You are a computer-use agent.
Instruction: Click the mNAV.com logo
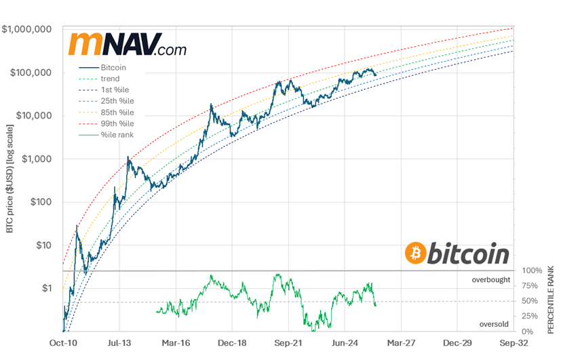[x=127, y=44]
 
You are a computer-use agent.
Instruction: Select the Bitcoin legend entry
[x=113, y=68]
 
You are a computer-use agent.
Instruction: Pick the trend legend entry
[x=109, y=79]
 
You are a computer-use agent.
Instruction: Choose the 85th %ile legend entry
[x=117, y=112]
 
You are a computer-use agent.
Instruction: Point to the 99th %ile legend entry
[x=117, y=123]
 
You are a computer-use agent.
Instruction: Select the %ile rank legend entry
[x=117, y=134]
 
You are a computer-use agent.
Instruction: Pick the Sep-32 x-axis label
[x=515, y=344]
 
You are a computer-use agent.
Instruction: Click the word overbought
[x=491, y=279]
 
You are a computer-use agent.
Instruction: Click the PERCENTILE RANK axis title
[x=551, y=298]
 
